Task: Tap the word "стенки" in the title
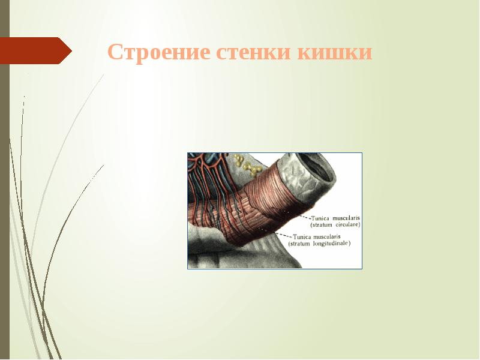(255, 53)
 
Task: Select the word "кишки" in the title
(335, 53)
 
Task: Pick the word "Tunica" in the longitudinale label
(303, 236)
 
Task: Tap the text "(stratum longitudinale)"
(319, 244)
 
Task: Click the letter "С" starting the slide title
(115, 53)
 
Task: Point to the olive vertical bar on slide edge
(4, 180)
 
